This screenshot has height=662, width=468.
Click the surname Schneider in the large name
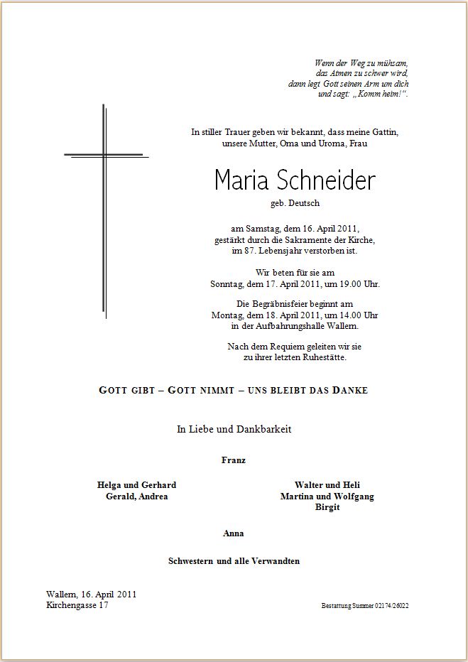[332, 181]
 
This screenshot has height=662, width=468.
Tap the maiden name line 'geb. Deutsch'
[295, 203]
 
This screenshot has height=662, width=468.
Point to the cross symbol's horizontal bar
[105, 154]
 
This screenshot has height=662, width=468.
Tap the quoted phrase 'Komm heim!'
[381, 94]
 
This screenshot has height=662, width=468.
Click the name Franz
[234, 460]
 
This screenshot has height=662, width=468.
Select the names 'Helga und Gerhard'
[136, 485]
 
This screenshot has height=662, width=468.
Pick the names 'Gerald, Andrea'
[136, 496]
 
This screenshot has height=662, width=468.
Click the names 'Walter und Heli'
[327, 485]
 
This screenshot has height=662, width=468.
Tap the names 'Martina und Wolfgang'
[327, 496]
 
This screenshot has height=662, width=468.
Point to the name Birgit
[327, 508]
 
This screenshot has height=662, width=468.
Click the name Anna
[234, 533]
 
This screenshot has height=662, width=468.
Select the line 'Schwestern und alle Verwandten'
[234, 561]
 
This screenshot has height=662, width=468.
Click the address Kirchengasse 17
[77, 605]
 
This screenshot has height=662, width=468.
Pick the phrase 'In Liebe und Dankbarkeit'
[234, 429]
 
